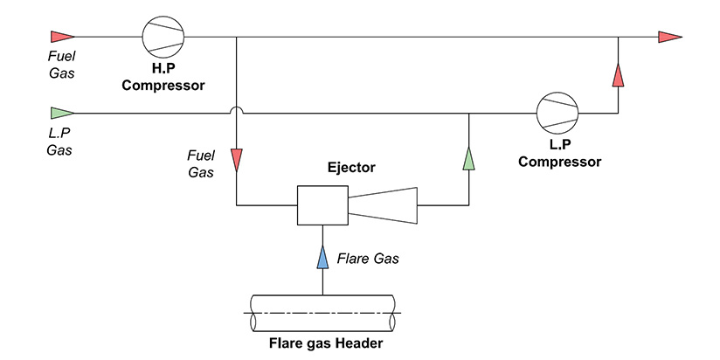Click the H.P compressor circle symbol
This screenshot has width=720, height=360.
tap(163, 37)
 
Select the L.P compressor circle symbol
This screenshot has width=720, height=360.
tap(557, 113)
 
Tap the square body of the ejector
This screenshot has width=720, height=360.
tap(322, 205)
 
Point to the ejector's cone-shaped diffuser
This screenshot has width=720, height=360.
tap(383, 205)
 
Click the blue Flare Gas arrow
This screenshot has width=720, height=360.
tap(322, 257)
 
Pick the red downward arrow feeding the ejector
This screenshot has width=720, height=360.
tap(237, 160)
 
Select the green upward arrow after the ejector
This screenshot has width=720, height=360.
tap(469, 159)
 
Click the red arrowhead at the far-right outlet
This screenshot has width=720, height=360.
tap(669, 37)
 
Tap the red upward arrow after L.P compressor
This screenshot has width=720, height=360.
tap(618, 74)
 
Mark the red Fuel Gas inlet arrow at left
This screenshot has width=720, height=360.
tap(61, 37)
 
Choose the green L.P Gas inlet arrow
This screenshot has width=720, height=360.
tap(61, 113)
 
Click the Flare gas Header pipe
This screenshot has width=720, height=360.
tap(322, 312)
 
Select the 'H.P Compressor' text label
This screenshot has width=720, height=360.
tap(163, 79)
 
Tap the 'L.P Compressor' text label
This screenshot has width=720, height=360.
tap(559, 155)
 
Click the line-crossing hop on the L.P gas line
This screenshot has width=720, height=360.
tap(237, 111)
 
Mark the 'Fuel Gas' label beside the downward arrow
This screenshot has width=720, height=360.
tap(201, 163)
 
